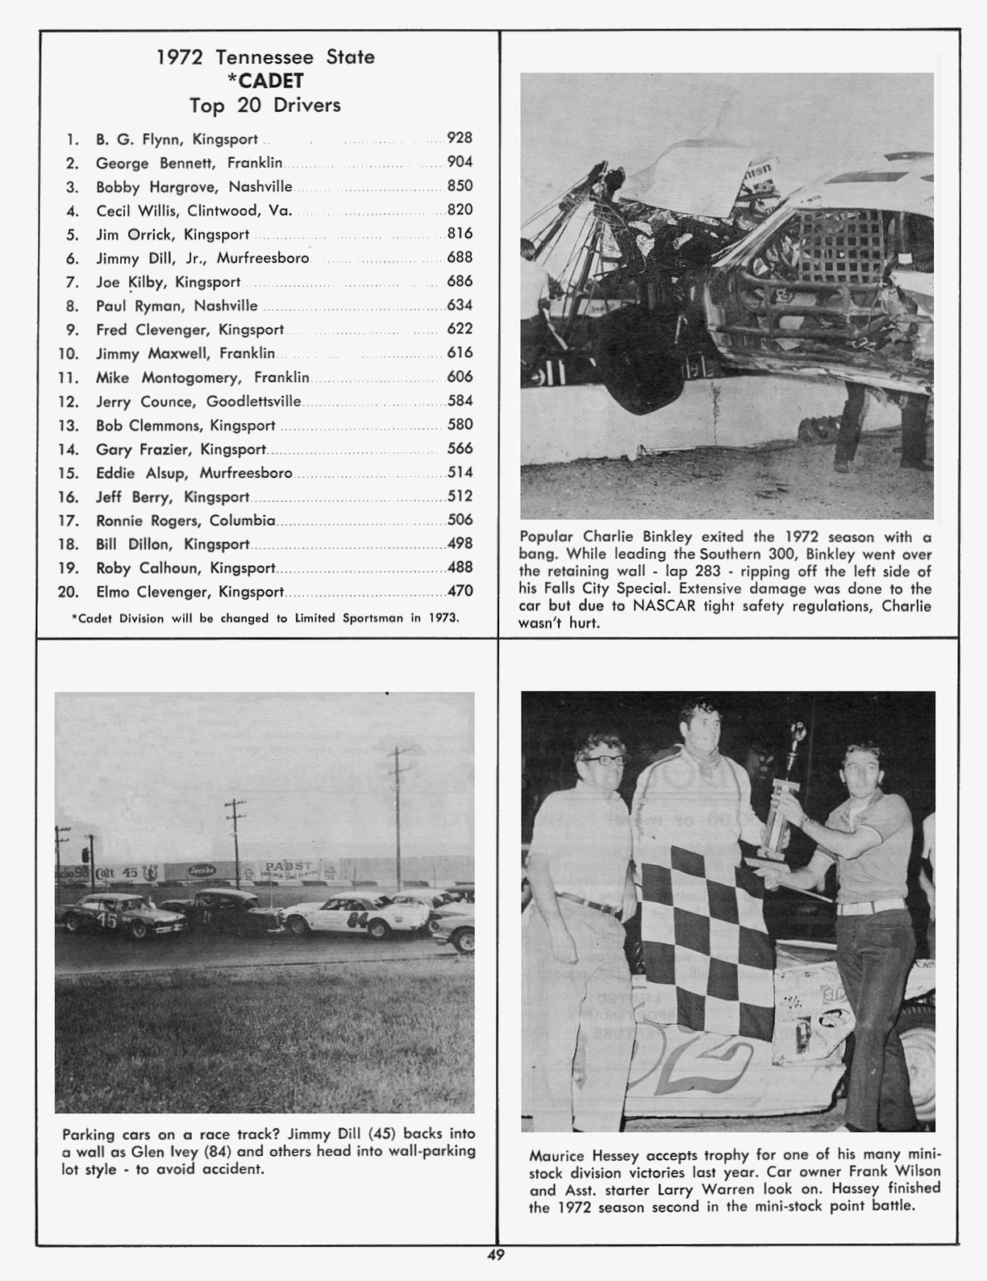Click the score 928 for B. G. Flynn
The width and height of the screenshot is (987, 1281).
click(460, 139)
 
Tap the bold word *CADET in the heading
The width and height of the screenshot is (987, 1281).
click(265, 81)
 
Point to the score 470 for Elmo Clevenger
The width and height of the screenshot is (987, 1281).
click(460, 591)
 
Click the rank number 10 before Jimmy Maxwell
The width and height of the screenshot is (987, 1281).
click(68, 354)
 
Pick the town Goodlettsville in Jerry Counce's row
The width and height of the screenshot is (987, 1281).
click(253, 401)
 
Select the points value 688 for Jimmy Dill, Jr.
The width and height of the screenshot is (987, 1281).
click(460, 258)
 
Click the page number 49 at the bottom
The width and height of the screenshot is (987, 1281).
click(495, 1254)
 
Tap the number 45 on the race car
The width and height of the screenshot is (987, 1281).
click(106, 920)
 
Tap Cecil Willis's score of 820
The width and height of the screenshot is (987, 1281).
click(460, 210)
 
